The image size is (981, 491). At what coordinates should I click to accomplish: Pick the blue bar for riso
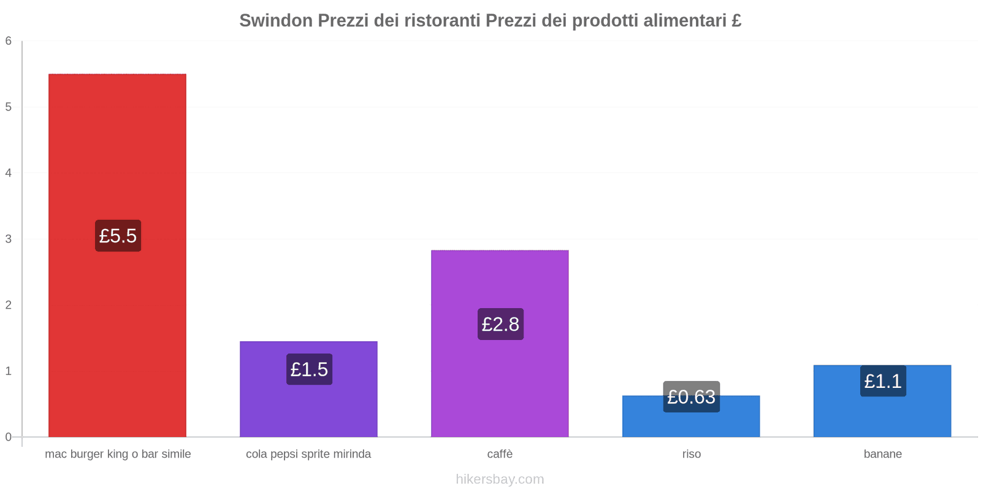pos(691,423)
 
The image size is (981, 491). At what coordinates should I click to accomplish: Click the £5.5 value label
pos(118,236)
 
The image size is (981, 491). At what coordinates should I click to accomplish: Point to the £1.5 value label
pos(309,369)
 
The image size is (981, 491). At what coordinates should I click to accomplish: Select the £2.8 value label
pos(500,324)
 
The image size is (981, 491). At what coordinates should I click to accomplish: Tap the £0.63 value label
pos(691,397)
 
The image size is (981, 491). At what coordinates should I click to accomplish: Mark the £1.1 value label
pos(883,381)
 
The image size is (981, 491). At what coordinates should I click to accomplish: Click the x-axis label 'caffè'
pos(500,454)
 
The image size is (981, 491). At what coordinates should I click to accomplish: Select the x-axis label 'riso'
pos(691,454)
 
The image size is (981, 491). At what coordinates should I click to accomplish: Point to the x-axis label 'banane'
pos(882,454)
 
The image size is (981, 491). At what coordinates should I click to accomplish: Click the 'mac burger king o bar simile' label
pos(118,454)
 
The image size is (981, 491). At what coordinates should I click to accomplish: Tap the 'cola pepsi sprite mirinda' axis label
pos(308,454)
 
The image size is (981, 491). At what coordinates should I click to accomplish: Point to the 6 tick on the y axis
pos(9,41)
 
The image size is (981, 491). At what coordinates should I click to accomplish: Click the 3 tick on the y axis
pos(9,239)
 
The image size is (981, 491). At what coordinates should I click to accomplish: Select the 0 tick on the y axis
pos(9,437)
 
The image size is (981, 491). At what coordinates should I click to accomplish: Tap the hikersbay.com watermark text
pos(500,479)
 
